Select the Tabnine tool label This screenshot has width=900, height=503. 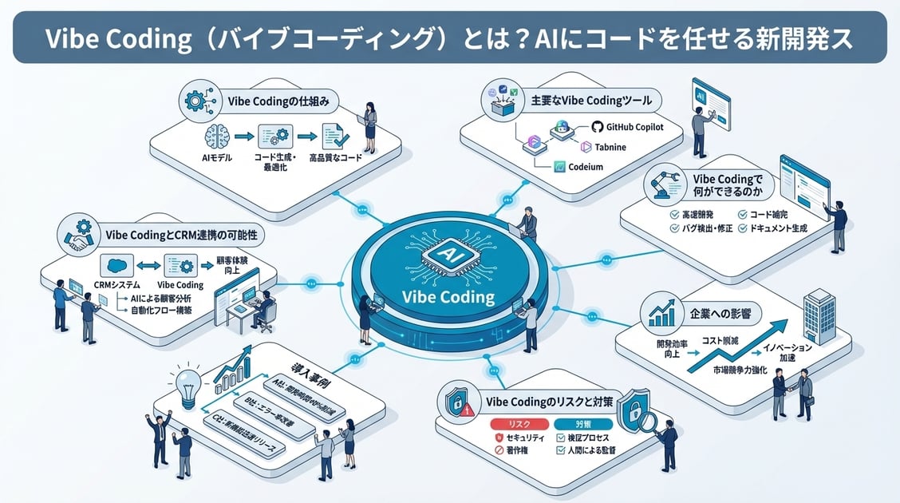(x=610, y=148)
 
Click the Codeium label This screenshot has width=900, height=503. (x=585, y=167)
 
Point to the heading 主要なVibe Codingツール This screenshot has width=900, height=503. (x=591, y=101)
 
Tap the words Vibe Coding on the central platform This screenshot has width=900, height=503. (x=448, y=297)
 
